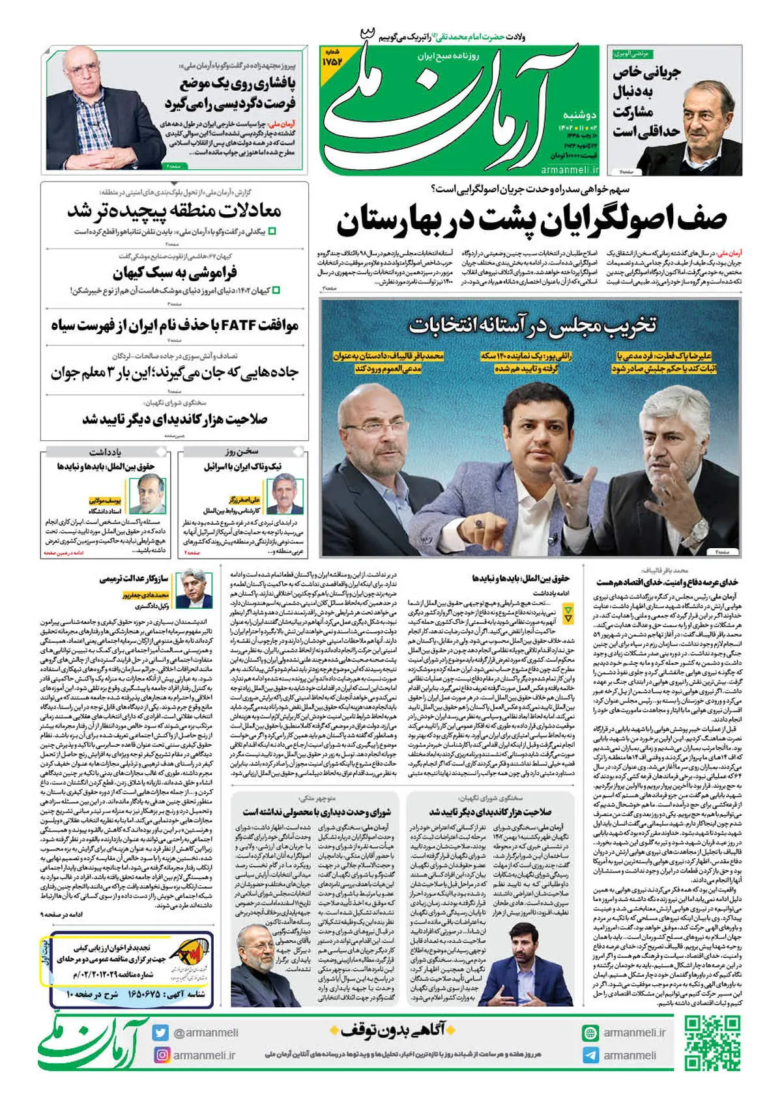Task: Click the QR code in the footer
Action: click(x=712, y=1042)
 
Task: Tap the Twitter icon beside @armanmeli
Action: click(x=160, y=1033)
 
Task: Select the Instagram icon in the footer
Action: click(x=160, y=1055)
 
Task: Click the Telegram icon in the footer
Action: click(x=590, y=1055)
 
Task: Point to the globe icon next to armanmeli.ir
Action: click(x=590, y=1033)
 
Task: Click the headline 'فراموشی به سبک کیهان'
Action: click(x=175, y=272)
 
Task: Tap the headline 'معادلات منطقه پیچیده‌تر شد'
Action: click(x=175, y=211)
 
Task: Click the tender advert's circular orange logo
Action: click(x=192, y=956)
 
